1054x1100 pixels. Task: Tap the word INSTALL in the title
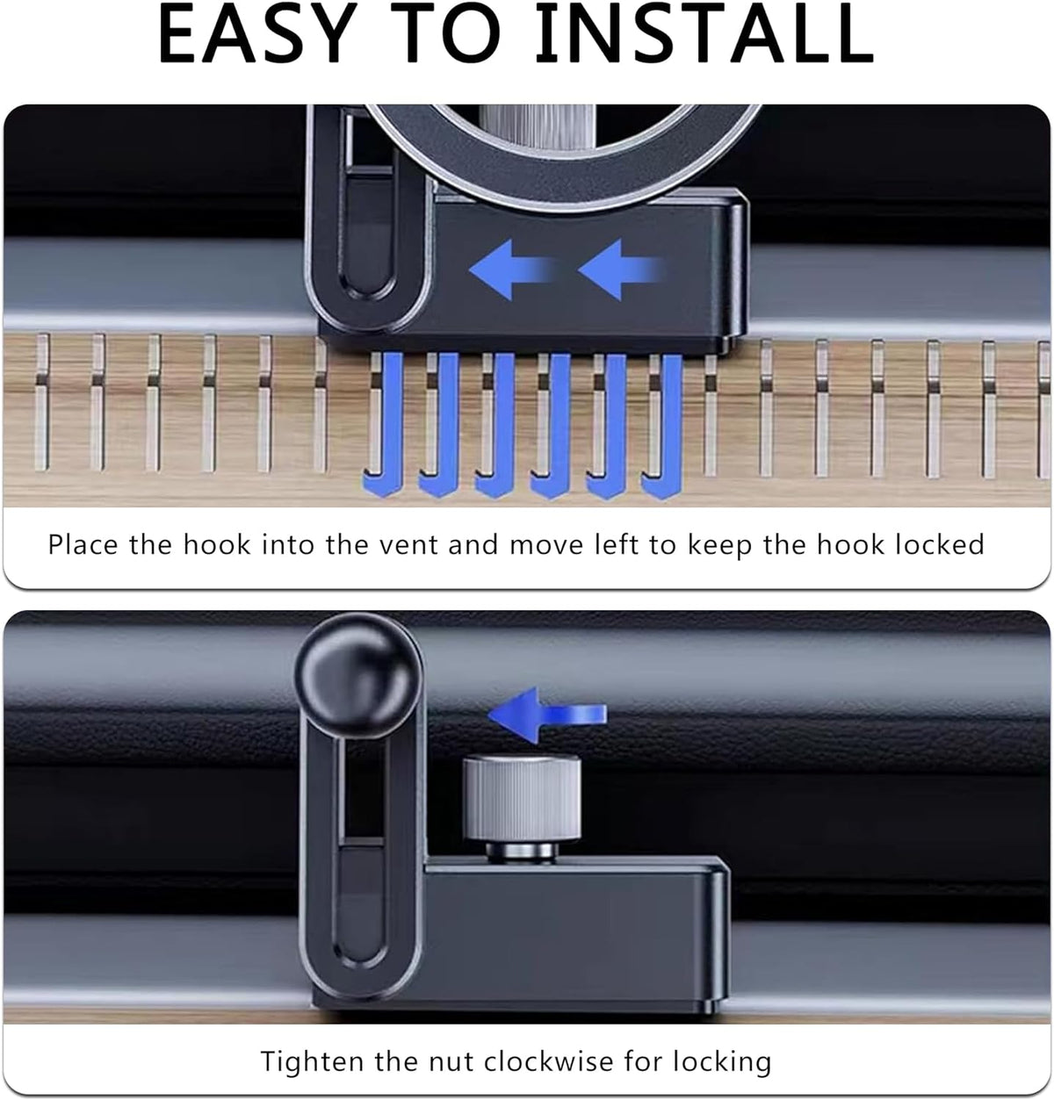pyautogui.click(x=704, y=34)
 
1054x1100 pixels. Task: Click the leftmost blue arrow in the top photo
pyautogui.click(x=512, y=270)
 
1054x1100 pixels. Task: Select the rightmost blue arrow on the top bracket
pyautogui.click(x=620, y=270)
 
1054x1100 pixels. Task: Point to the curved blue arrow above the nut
pyautogui.click(x=546, y=715)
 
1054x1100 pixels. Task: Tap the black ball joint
pyautogui.click(x=358, y=677)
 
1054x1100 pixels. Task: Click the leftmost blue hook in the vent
pyautogui.click(x=383, y=425)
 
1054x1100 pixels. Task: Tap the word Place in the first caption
pyautogui.click(x=83, y=545)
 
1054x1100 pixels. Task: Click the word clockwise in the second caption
pyautogui.click(x=548, y=1060)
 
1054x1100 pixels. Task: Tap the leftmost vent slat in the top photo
pyautogui.click(x=42, y=402)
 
